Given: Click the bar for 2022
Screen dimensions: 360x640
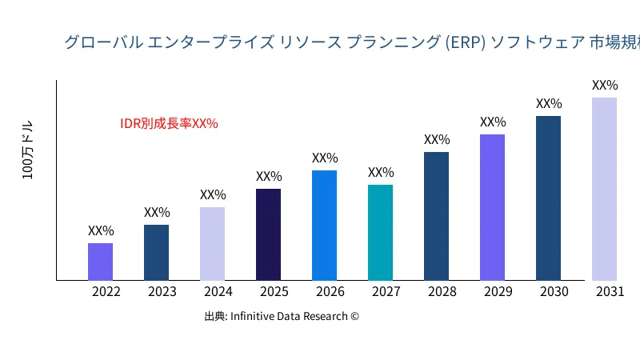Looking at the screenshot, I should pyautogui.click(x=100, y=262).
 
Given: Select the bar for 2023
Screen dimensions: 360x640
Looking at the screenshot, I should pyautogui.click(x=156, y=252).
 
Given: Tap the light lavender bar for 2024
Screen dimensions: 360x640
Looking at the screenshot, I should pyautogui.click(x=212, y=243).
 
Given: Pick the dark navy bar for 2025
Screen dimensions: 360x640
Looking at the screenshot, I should pyautogui.click(x=268, y=234).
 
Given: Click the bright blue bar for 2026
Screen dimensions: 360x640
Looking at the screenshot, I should pyautogui.click(x=324, y=225).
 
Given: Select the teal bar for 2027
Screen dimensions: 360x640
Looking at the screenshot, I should pyautogui.click(x=380, y=232).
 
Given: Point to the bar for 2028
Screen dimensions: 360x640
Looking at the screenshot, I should pyautogui.click(x=436, y=216).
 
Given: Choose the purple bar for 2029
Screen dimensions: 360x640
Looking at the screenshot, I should pyautogui.click(x=492, y=207).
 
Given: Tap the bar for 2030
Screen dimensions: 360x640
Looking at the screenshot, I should pyautogui.click(x=548, y=198).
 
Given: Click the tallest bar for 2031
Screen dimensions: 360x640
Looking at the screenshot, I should pyautogui.click(x=604, y=189).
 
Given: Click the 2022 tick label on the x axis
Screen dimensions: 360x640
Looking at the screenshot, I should pyautogui.click(x=106, y=292).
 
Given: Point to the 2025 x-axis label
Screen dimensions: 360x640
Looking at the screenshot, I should pyautogui.click(x=274, y=292).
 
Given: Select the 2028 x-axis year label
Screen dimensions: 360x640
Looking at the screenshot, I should pyautogui.click(x=442, y=292).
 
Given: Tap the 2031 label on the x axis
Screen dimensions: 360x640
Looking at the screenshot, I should pyautogui.click(x=610, y=292).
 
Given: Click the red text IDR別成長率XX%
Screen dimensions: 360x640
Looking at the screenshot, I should pyautogui.click(x=169, y=123).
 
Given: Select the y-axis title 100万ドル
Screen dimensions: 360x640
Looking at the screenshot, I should pyautogui.click(x=28, y=150).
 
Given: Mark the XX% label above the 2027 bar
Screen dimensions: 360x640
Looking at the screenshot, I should pyautogui.click(x=381, y=172).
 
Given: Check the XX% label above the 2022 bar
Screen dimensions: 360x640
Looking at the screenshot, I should pyautogui.click(x=101, y=230).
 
